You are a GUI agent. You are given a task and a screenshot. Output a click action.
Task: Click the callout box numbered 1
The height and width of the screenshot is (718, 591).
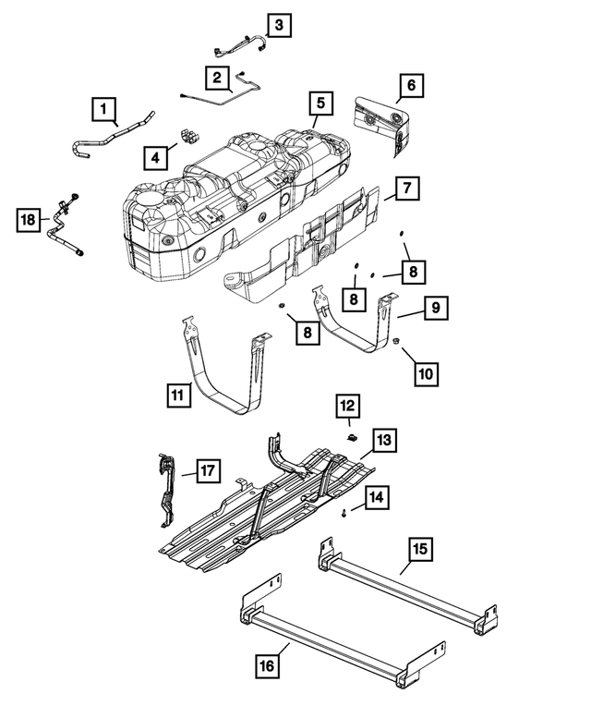104,111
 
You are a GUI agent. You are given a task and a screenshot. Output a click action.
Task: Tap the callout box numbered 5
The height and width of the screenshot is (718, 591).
319,103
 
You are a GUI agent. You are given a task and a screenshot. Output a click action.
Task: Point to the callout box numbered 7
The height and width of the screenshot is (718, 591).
404,189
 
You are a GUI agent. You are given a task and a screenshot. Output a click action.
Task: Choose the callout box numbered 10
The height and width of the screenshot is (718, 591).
426,373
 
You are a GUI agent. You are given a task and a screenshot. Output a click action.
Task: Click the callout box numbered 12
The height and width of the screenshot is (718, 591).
347,405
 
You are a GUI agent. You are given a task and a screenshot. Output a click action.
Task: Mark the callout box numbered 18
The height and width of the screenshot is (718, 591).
30,219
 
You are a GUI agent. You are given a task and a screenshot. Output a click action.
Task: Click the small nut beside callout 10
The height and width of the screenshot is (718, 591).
395,342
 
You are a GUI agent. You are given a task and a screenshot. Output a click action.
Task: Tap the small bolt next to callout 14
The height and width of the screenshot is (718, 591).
344,510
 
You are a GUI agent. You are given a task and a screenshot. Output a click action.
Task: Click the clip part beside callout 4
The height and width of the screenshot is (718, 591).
190,136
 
